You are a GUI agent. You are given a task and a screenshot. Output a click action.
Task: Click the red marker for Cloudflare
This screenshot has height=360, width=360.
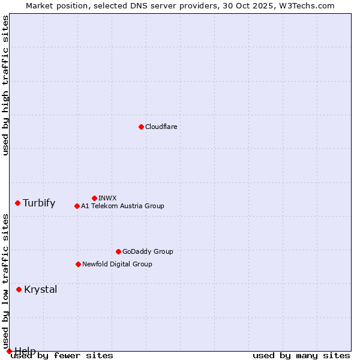tap(141, 127)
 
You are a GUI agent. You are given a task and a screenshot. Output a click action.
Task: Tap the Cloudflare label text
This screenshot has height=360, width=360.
tap(161, 127)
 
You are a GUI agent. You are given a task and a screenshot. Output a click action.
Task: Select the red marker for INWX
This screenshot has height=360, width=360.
tap(94, 198)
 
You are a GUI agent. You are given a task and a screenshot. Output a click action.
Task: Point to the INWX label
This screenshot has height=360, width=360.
tap(107, 198)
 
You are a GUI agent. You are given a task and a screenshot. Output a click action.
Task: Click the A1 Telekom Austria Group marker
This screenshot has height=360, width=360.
tap(77, 206)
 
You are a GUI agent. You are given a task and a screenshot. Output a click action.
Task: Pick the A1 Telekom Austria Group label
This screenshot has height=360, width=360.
tap(122, 206)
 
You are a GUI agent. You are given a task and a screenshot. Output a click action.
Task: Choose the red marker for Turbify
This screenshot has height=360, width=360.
tap(17, 203)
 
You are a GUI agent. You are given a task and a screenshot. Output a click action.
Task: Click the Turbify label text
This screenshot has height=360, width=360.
tap(39, 203)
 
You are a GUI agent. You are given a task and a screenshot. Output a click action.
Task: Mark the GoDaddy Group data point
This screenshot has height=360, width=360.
tap(118, 251)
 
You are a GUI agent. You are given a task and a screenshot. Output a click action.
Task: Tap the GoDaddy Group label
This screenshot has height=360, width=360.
tap(148, 251)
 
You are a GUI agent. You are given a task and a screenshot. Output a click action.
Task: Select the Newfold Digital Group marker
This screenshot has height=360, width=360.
tap(78, 264)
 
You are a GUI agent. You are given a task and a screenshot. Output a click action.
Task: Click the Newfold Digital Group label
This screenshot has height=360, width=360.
tap(117, 264)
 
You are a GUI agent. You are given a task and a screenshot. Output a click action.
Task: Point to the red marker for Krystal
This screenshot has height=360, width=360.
tap(19, 289)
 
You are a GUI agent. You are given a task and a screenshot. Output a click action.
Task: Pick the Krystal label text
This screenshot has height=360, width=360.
tap(40, 289)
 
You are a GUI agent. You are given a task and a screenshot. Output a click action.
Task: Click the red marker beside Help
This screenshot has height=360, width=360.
tap(9, 351)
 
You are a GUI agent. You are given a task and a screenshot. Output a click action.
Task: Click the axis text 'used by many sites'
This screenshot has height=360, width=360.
tap(301, 355)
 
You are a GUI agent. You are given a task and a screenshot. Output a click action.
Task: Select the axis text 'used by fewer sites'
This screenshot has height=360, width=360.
tap(62, 355)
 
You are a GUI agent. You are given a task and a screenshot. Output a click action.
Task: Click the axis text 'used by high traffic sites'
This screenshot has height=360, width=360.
tap(5, 85)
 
